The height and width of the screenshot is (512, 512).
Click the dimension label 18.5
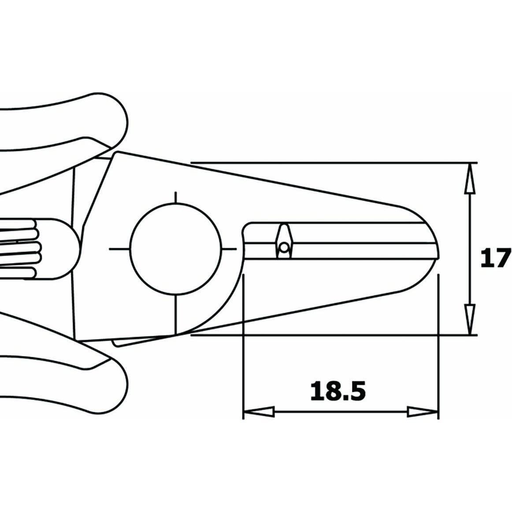(x=338, y=391)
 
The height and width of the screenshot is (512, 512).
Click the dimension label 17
(x=496, y=258)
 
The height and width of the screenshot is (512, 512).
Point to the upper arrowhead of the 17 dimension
(x=470, y=178)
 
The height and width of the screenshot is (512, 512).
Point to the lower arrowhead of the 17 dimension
(x=470, y=319)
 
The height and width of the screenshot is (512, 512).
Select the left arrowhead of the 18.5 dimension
(x=259, y=412)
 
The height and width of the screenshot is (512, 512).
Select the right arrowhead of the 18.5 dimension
(x=423, y=412)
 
